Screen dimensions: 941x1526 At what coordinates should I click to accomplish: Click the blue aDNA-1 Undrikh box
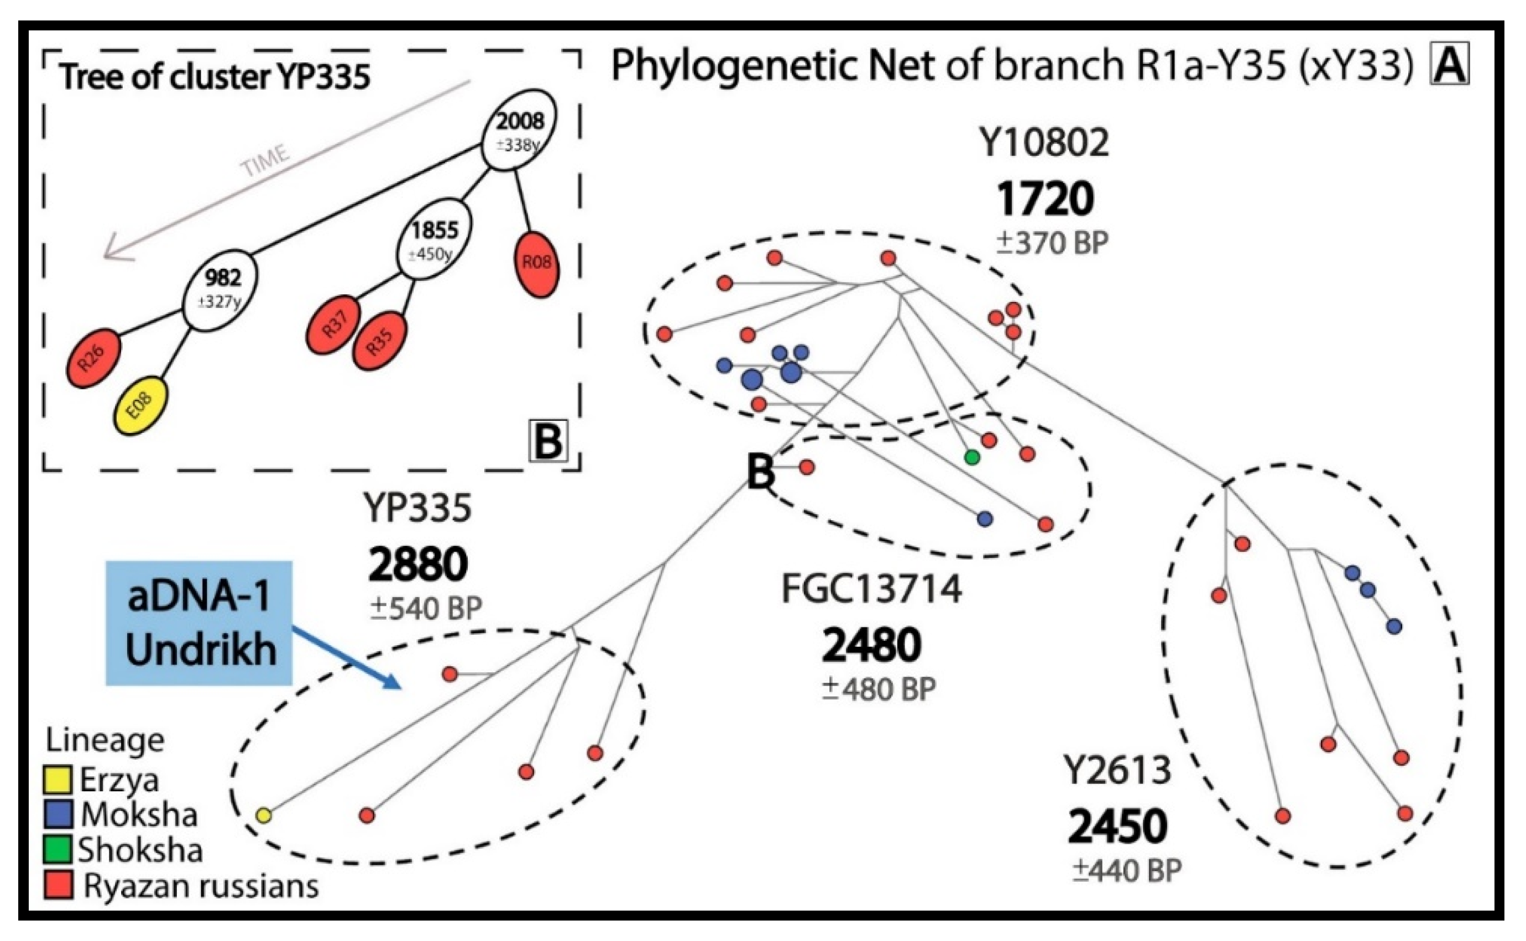pos(199,623)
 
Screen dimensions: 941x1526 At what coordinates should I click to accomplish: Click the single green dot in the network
pos(971,457)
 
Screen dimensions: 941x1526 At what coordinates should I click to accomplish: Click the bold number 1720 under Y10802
pos(1046,199)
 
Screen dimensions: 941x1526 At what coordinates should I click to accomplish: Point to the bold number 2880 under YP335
pos(418,564)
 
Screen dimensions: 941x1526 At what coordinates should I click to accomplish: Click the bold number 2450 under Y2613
pos(1118,827)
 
